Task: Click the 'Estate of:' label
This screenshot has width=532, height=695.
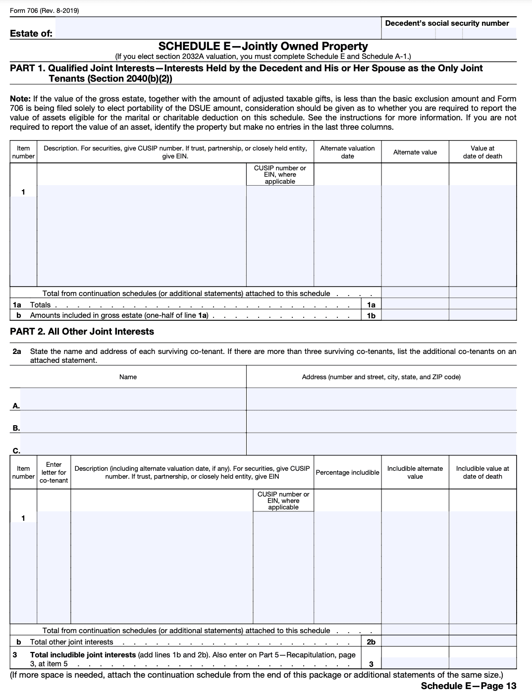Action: point(31,34)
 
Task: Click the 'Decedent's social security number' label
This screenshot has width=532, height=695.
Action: point(447,23)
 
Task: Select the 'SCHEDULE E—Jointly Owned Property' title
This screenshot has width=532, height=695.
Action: point(263,47)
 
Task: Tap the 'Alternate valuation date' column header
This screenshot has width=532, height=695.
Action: point(347,152)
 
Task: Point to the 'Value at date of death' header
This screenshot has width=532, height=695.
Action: point(482,152)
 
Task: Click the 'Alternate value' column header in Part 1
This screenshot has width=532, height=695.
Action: point(415,152)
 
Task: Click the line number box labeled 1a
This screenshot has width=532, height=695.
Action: point(371,305)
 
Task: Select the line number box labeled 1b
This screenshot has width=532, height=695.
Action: point(371,315)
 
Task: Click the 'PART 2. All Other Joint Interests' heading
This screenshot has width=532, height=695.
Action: point(82,332)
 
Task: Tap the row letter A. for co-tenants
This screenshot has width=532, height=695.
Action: point(16,406)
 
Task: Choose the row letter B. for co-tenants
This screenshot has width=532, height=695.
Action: point(16,428)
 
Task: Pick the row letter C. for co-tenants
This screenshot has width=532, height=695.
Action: point(16,450)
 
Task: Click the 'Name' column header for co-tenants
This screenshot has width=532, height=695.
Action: point(128,377)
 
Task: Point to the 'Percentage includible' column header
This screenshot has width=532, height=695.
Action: point(347,472)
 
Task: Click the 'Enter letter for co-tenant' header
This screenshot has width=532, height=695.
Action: point(53,472)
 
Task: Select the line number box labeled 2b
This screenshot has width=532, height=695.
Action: point(371,642)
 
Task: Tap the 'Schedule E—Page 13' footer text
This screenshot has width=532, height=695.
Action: point(468,686)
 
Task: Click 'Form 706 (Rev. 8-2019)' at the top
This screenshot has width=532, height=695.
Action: point(44,11)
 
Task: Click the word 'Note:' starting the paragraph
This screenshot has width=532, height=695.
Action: point(20,99)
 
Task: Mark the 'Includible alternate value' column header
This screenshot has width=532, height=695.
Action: point(415,472)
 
